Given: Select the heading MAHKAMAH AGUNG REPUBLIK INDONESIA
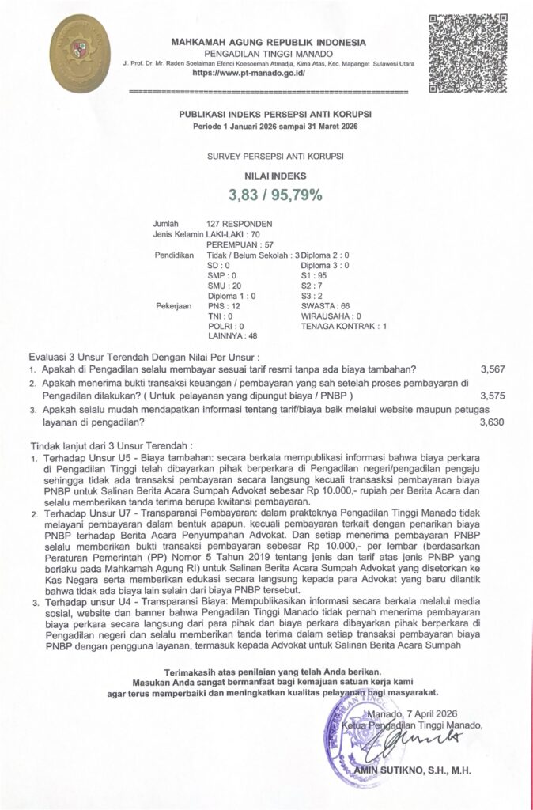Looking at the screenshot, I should (268, 41).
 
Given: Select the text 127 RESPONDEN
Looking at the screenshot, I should (239, 224).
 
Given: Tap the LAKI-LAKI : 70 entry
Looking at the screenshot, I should (232, 235).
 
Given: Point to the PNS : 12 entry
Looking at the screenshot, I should (223, 305).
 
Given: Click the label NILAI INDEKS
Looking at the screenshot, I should (266, 176).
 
